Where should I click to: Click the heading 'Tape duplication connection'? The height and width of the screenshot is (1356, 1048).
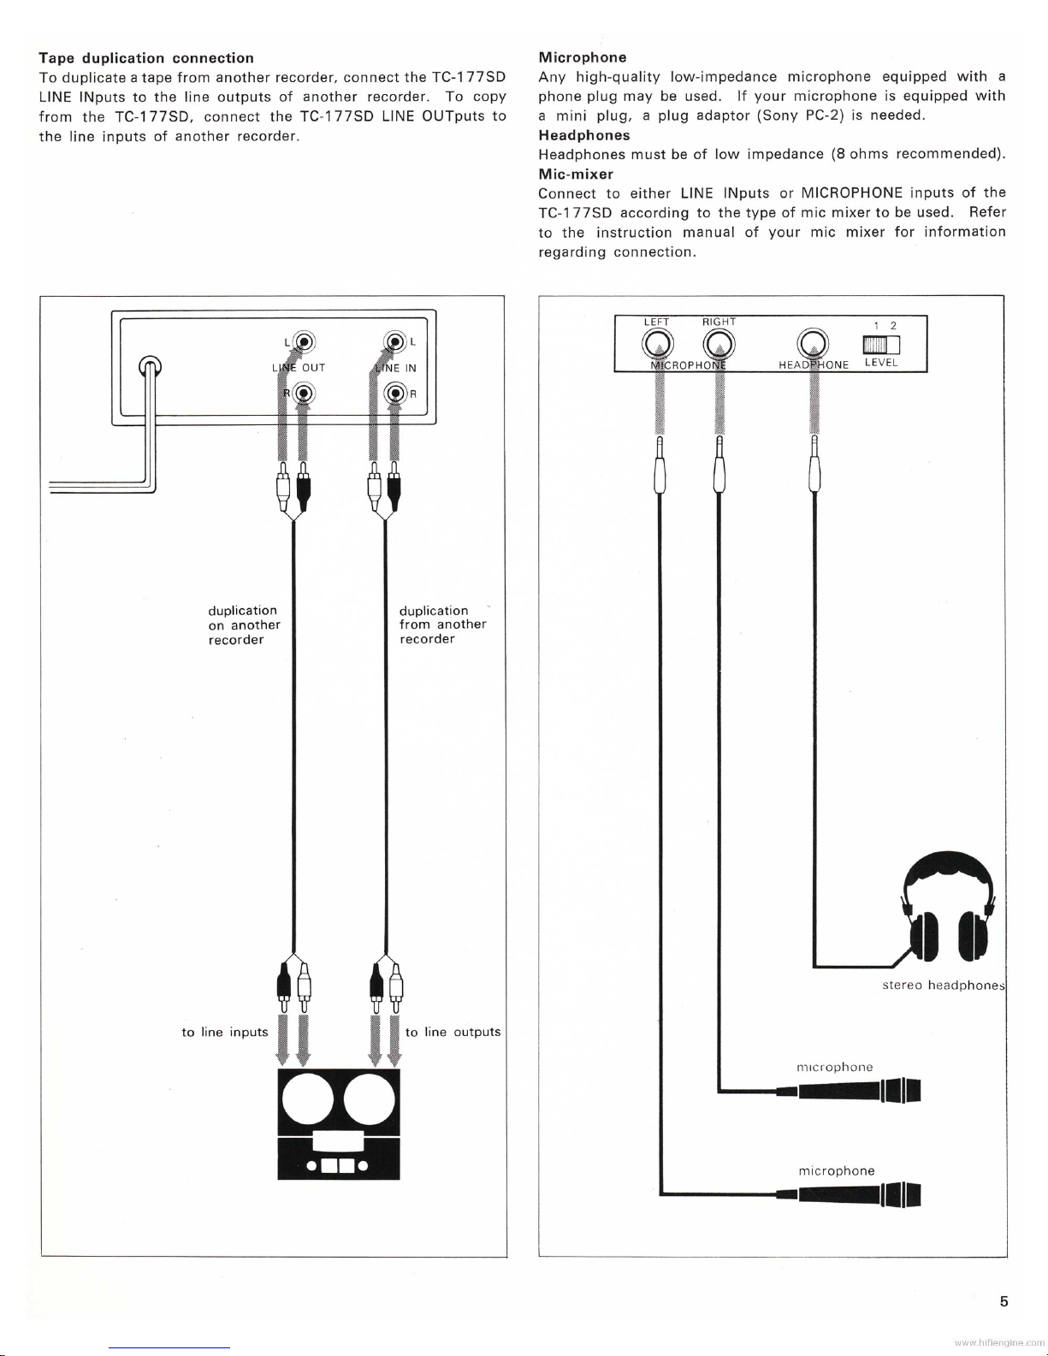point(146,58)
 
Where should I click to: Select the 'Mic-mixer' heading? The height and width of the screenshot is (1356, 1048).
point(576,175)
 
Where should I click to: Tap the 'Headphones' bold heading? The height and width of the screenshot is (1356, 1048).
point(583,135)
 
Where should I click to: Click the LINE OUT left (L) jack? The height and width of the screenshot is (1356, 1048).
point(305,342)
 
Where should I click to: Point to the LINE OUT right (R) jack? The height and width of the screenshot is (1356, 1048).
point(305,394)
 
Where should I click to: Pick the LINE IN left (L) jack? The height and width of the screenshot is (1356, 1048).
point(395,342)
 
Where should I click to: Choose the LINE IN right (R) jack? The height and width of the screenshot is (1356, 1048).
point(395,394)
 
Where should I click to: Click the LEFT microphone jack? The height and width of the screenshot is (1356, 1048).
point(658,344)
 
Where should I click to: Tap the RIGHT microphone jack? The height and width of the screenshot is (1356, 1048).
point(719,344)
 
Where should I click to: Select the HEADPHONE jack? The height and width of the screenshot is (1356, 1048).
point(813,344)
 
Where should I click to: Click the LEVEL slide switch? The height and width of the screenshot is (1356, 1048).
point(881,345)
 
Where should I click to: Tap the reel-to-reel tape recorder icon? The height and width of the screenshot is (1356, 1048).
point(339,1124)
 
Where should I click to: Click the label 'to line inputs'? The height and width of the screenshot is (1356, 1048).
point(224,1033)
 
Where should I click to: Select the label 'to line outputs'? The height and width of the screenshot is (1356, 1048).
point(453,1032)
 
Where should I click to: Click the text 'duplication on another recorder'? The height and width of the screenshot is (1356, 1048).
point(244,625)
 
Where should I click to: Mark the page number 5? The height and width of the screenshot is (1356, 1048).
point(1004,1301)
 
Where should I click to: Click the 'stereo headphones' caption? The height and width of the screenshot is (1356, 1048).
point(943,986)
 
